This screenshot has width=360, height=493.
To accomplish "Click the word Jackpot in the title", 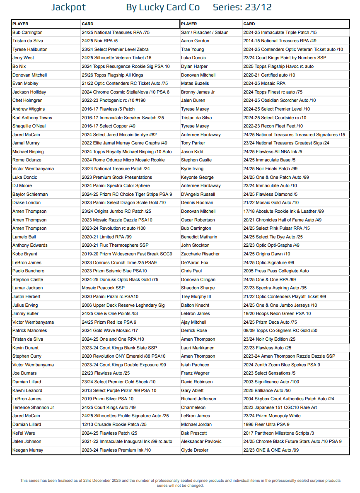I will (x=69, y=7).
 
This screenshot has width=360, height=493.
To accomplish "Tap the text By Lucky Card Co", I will (x=163, y=7).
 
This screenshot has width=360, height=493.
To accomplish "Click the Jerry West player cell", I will (x=23, y=58).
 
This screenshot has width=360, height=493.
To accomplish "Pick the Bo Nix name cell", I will (x=19, y=66).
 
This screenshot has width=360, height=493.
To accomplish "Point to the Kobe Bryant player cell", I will (x=25, y=254).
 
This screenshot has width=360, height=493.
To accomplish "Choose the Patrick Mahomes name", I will (x=30, y=330).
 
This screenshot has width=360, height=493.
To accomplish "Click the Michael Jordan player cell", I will (x=196, y=424).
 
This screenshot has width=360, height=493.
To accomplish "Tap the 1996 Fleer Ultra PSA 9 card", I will (x=266, y=424).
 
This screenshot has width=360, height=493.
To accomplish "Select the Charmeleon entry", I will (x=193, y=407).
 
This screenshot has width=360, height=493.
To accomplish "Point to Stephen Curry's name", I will (x=27, y=356).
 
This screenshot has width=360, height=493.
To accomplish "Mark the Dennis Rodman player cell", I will (x=197, y=203).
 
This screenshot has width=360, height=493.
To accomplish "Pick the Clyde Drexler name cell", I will (x=195, y=450).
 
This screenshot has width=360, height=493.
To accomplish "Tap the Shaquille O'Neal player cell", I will (x=29, y=126).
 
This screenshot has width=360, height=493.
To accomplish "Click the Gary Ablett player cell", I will (x=192, y=390).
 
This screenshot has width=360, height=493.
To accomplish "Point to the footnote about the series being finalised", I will (x=180, y=483).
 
